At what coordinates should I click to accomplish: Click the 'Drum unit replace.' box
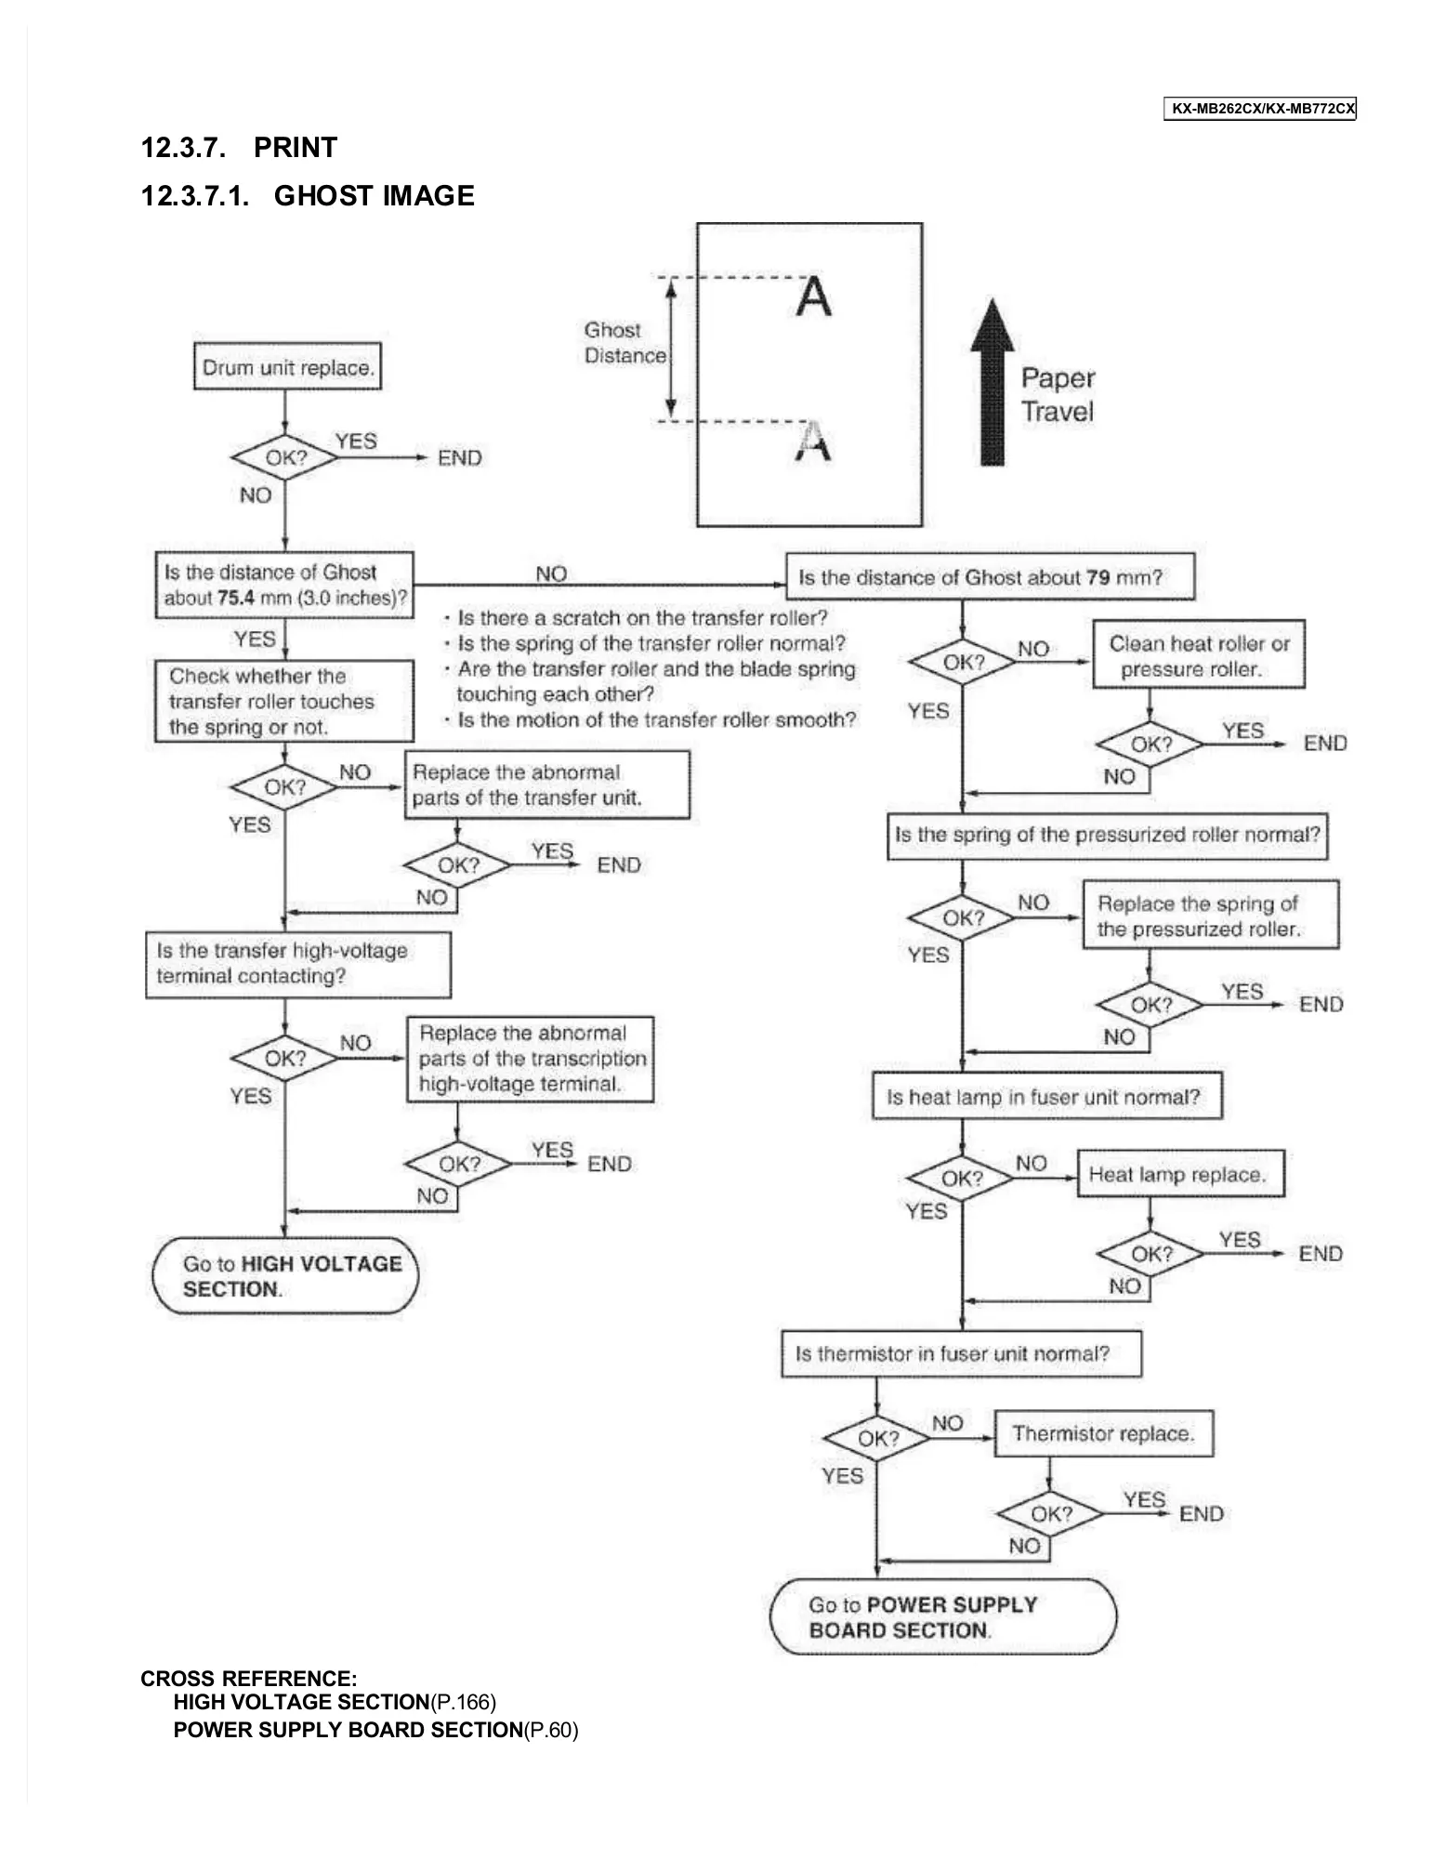pos(287,367)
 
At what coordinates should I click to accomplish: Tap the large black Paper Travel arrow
pos(992,383)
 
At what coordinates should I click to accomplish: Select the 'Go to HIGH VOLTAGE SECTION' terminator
pos(285,1276)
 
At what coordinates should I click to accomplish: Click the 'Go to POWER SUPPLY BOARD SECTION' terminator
pos(942,1617)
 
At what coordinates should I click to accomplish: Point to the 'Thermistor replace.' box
pos(1103,1434)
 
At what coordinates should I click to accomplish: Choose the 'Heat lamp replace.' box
pos(1179,1175)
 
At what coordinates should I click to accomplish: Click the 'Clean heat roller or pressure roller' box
pos(1198,655)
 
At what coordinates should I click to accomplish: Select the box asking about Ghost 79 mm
pos(990,577)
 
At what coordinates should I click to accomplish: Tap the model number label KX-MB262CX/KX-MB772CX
pos(1259,109)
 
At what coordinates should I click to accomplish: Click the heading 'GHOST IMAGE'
pos(374,196)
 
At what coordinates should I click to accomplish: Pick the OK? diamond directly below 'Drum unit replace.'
pos(284,457)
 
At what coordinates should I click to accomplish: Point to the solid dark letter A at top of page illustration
pos(813,297)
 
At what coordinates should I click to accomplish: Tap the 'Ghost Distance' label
pos(624,343)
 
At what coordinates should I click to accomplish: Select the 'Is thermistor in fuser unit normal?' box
pos(961,1354)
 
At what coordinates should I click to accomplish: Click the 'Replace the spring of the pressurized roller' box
pos(1210,916)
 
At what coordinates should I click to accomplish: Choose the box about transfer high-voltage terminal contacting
pos(297,964)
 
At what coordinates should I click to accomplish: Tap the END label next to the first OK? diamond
pos(459,458)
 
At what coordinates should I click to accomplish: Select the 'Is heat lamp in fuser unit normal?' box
pos(1046,1097)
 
